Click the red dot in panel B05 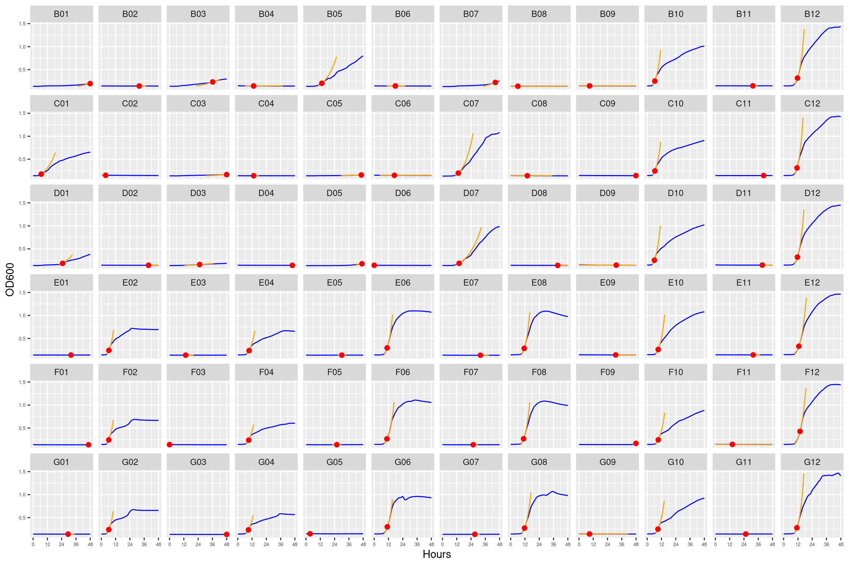tap(322, 83)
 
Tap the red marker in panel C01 tap(41, 174)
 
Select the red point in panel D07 tap(459, 263)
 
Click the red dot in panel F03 tap(170, 445)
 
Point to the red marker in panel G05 tap(310, 534)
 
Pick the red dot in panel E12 tap(799, 346)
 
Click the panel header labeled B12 tap(812, 14)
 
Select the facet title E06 tap(402, 283)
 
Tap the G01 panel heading tap(61, 462)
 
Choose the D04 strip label tap(266, 193)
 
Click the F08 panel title tap(539, 372)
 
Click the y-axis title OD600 tap(10, 279)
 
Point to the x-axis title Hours tap(437, 554)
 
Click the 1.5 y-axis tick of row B tap(22, 24)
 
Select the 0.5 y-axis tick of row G tap(22, 518)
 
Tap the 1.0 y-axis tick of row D tap(22, 226)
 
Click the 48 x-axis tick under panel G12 tap(841, 544)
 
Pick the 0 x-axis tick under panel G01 tap(33, 544)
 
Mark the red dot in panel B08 tap(518, 86)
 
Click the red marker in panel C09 tap(636, 175)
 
